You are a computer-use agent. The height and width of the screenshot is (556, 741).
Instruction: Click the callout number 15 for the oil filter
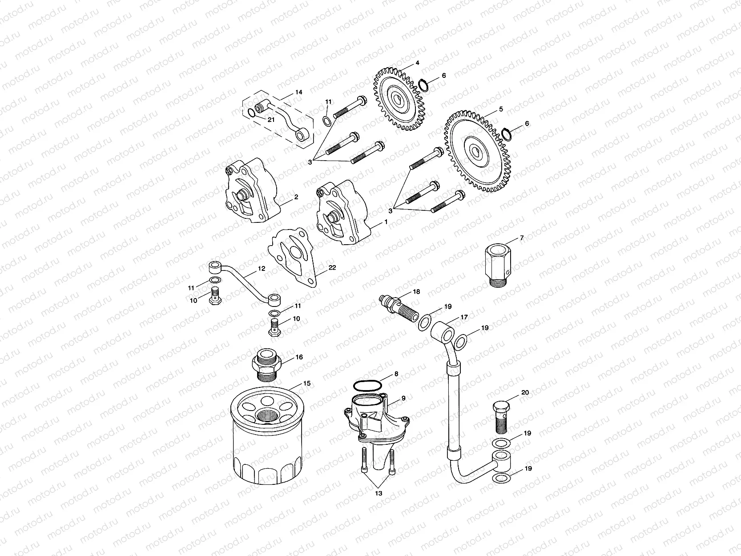306,383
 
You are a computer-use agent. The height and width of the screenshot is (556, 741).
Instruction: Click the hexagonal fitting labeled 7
497,262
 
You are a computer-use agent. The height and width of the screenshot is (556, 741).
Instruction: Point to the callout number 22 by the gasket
332,267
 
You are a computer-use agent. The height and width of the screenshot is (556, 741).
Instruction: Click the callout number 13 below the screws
379,493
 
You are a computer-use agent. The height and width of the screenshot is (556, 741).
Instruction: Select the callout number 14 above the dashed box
298,92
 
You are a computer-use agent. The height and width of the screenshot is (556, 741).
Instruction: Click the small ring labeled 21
252,113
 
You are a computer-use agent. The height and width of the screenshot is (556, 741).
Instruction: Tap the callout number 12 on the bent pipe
261,269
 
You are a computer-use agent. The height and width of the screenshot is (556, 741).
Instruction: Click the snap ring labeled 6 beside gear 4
423,84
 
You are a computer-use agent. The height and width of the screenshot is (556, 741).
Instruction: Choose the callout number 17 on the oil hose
464,318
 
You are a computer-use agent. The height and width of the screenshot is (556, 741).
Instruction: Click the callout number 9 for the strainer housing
403,398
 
